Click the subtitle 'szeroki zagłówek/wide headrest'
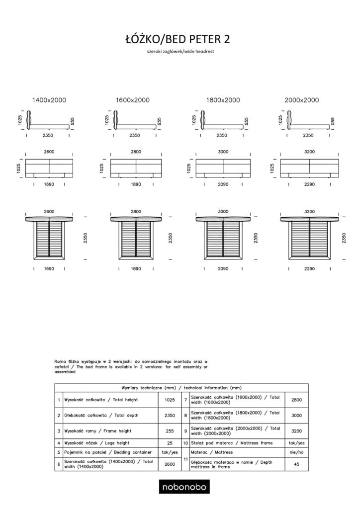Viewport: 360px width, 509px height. (x=180, y=52)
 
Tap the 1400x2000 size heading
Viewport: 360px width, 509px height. (x=49, y=100)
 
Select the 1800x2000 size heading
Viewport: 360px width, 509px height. (x=223, y=100)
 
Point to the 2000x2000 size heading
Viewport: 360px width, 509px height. (x=302, y=100)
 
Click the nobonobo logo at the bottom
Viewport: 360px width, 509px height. (x=183, y=487)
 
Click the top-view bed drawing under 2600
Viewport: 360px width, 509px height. (x=49, y=238)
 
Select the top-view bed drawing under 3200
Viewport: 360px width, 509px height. (x=309, y=238)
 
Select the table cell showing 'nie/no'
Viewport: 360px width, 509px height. (x=296, y=452)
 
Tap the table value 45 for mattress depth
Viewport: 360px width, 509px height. (x=296, y=465)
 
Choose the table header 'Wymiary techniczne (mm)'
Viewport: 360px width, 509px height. (x=181, y=387)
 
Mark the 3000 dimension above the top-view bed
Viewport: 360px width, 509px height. (x=223, y=212)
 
